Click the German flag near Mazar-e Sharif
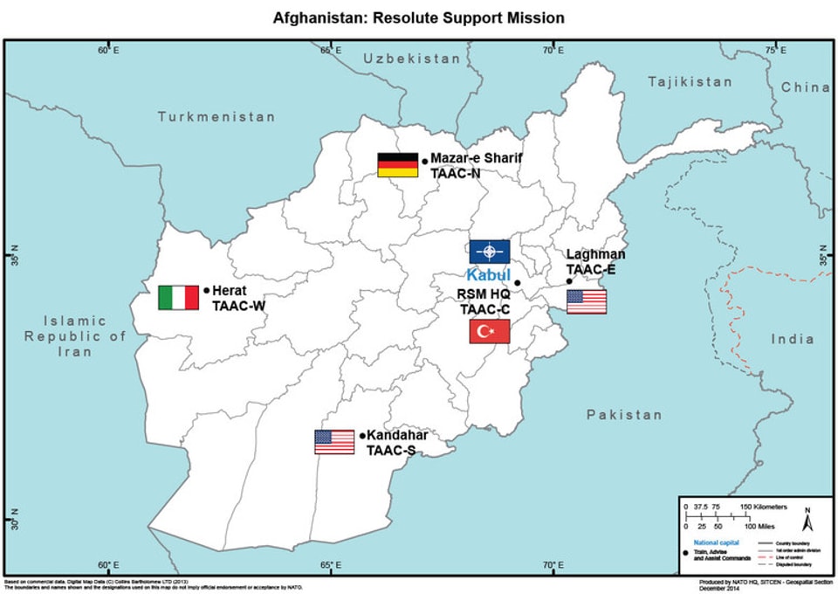pos(397,164)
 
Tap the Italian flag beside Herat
pos(178,297)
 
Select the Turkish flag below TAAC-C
pos(490,331)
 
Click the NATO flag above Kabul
pos(489,252)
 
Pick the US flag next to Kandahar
pos(334,442)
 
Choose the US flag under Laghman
pos(587,302)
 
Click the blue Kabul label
pos(488,275)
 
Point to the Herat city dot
pos(206,290)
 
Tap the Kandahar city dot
pos(361,435)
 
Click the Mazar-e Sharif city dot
pos(424,161)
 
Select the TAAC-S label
pos(391,451)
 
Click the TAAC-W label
pos(237,306)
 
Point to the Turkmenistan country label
pos(216,116)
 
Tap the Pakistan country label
pos(624,414)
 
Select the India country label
pos(792,339)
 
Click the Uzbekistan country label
pos(412,59)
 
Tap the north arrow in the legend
pos(808,521)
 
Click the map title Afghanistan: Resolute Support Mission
pos(418,17)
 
